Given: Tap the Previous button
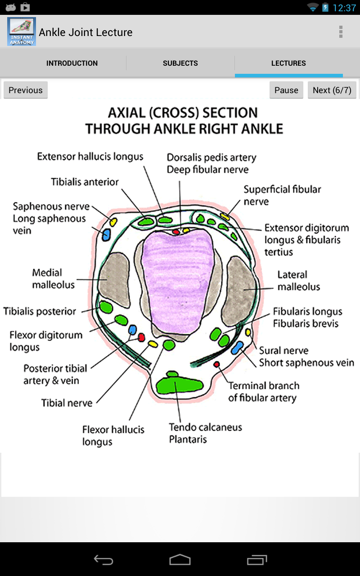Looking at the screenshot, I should [x=26, y=90].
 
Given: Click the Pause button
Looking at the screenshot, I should [x=286, y=90].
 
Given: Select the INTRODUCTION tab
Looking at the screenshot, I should [x=72, y=63].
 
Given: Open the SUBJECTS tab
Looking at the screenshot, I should [x=180, y=63].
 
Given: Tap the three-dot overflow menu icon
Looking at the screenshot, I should [x=341, y=32].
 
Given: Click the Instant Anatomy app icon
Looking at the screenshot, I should [x=22, y=31].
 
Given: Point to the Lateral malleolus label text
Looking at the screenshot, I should [x=298, y=281].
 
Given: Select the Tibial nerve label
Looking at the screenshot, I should [x=67, y=403].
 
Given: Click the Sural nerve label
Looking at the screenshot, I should [x=284, y=351].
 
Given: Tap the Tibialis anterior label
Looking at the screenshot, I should [x=85, y=182].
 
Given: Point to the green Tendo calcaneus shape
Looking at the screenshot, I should [x=180, y=385].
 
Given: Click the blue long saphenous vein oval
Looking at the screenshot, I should [x=106, y=234].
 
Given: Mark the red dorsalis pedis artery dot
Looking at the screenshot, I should [x=176, y=232].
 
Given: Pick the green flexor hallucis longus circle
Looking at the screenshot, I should [x=169, y=345].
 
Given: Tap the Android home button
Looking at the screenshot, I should [x=180, y=560].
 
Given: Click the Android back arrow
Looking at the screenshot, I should [x=103, y=560].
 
